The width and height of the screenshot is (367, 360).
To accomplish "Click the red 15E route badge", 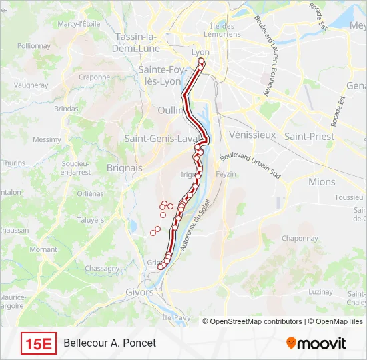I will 39,343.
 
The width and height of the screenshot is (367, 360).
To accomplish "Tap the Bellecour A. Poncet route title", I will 110,343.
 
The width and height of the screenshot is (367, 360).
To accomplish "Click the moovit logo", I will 316,343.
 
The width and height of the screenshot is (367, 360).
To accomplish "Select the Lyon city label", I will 200,52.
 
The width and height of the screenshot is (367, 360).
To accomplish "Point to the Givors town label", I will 139,292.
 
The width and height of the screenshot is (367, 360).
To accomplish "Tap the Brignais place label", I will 125,168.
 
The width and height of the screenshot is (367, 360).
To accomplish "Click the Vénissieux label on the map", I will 252,135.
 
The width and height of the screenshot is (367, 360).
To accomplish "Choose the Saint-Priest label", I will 309,136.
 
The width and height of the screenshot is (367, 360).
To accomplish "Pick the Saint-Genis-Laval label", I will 163,139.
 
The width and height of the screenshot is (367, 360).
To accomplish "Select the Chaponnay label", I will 300,238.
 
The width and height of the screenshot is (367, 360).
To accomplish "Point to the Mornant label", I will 43,249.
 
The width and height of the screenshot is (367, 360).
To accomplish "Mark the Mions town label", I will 322,181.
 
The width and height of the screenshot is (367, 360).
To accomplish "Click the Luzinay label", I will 320,292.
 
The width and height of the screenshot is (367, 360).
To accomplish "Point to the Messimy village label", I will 47,139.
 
